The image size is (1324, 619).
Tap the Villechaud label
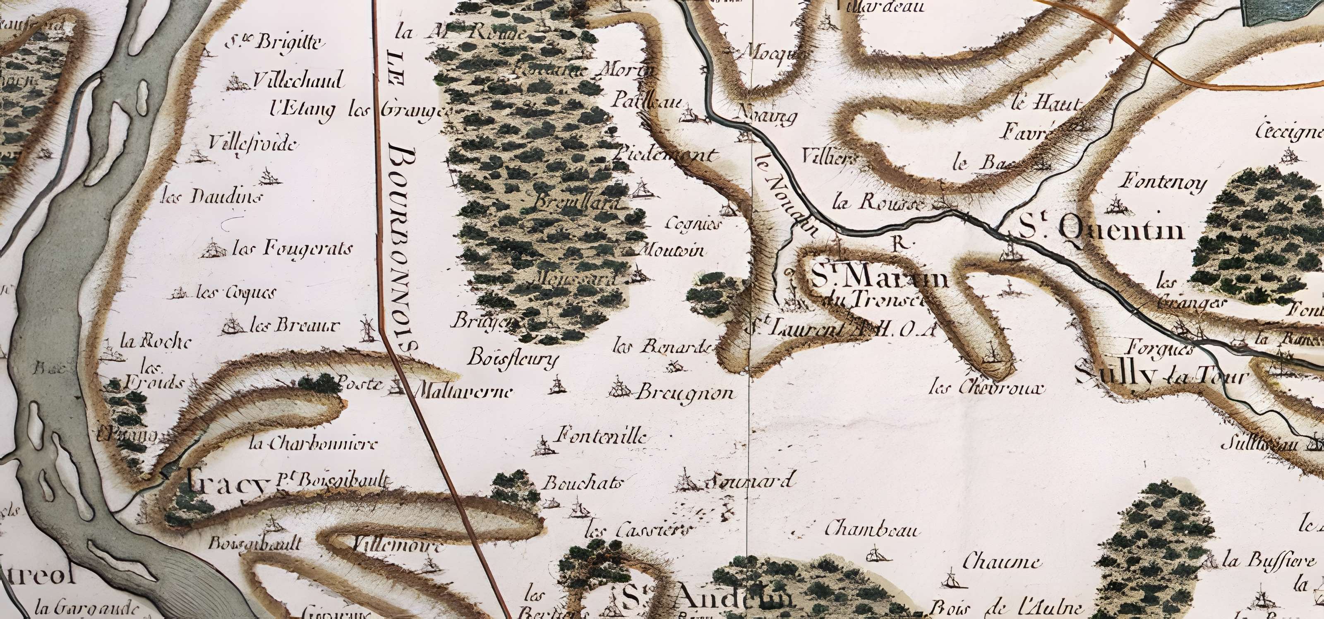point(298,81)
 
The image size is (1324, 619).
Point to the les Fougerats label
point(293,250)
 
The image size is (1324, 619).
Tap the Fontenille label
point(600,437)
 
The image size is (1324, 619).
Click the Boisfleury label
point(512,357)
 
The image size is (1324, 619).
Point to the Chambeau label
point(872,529)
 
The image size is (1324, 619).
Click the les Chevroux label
point(987,388)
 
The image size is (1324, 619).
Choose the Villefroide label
point(253,143)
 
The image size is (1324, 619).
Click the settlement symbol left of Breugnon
point(619,388)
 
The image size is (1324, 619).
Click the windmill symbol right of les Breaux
point(367,329)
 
